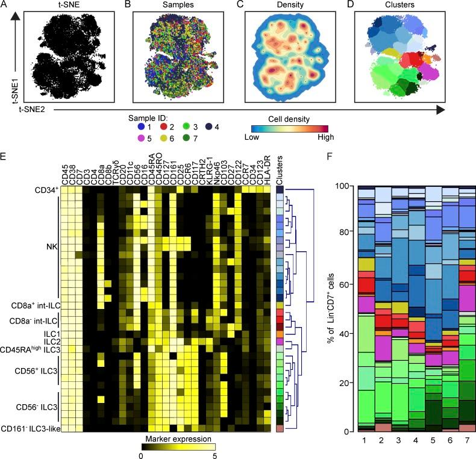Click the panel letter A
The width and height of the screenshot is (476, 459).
6,5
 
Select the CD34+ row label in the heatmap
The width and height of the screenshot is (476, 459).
46,190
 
